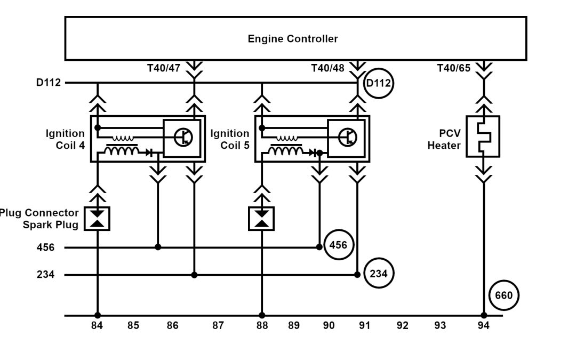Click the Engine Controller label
coord(292,39)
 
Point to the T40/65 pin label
coord(454,68)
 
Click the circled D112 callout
coord(378,83)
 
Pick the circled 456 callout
coord(338,245)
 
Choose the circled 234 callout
coord(379,274)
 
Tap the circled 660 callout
coord(503,295)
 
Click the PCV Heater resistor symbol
coord(483,137)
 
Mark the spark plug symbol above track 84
coord(97,219)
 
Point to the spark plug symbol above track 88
coord(261,219)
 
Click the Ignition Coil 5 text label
coord(230,139)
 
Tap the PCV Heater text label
coord(444,139)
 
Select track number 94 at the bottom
coord(483,325)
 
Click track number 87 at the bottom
coord(218,325)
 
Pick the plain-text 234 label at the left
coord(45,275)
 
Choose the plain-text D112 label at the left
coord(49,83)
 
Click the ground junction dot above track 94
coord(484,315)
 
